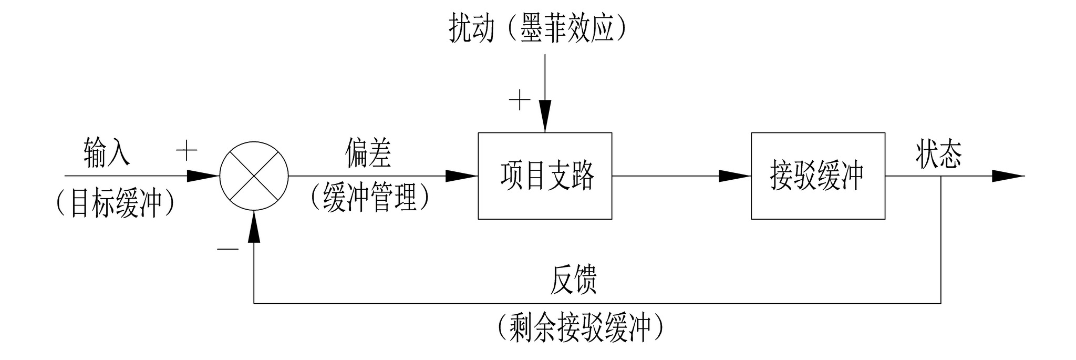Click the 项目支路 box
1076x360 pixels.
[x=545, y=176]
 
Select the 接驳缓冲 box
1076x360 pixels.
[x=818, y=176]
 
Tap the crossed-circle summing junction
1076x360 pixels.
[x=254, y=176]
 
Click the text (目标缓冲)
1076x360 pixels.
[x=115, y=203]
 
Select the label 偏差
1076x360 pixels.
[x=368, y=153]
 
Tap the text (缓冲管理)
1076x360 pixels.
[x=370, y=198]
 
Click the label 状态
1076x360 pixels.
[x=939, y=154]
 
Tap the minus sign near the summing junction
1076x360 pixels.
[x=228, y=248]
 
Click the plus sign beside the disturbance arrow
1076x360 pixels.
[x=519, y=99]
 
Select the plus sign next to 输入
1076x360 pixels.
[x=186, y=151]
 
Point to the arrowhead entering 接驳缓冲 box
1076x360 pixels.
[x=734, y=176]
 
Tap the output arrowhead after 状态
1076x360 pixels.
[x=1008, y=176]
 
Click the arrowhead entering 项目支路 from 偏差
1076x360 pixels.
[x=461, y=176]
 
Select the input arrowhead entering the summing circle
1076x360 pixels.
[x=203, y=176]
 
